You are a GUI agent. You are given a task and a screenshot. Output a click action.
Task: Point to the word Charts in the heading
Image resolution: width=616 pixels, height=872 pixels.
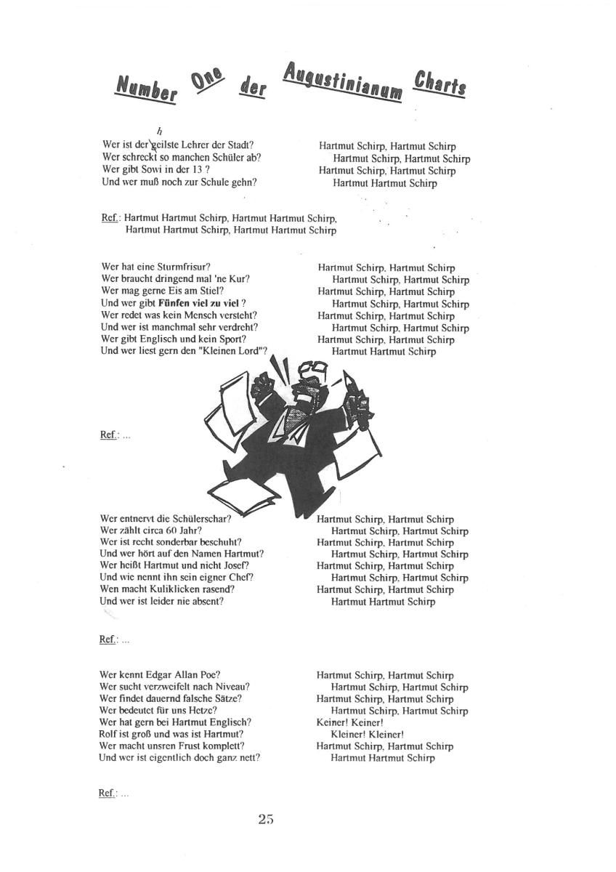440,85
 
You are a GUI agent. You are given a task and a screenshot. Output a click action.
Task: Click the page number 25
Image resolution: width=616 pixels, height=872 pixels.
265,820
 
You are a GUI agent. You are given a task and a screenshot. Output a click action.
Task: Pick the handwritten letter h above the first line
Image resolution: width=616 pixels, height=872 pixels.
148,131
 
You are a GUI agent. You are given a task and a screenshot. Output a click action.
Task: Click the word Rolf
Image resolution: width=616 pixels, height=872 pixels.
109,734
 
